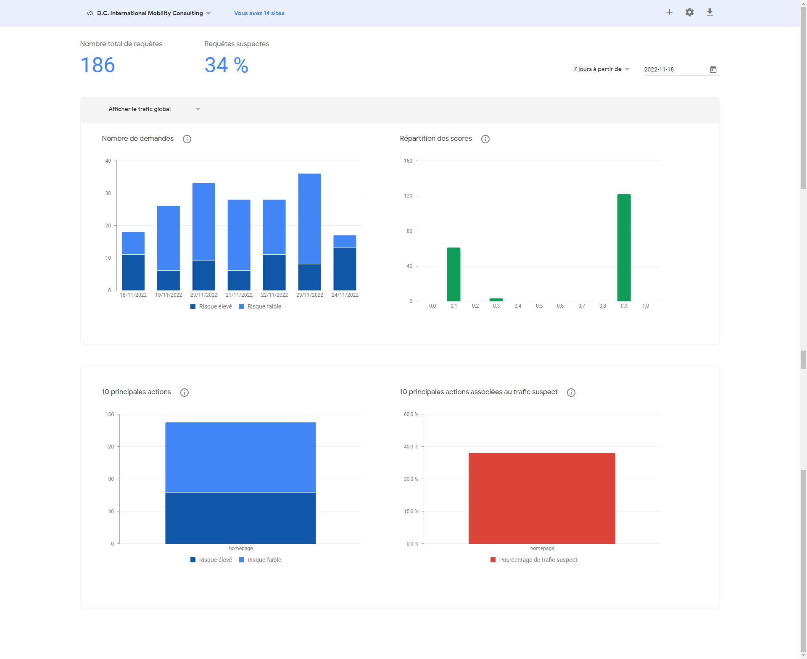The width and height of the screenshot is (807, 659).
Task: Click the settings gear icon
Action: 689,13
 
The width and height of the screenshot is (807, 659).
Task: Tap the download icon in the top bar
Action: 709,13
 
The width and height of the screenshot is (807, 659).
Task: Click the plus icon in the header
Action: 670,13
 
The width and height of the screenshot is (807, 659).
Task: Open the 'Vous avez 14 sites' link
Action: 259,13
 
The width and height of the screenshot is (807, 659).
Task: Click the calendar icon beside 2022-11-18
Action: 713,69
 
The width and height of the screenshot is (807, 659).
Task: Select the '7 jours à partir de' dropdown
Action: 601,69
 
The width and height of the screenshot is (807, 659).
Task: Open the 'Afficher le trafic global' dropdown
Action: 154,109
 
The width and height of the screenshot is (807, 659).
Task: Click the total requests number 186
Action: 98,65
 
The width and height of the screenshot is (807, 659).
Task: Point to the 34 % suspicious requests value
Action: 226,65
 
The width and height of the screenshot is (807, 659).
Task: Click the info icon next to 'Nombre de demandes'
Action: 187,139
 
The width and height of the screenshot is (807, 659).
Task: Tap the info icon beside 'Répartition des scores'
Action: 485,139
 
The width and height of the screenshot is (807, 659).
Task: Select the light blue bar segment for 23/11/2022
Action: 309,219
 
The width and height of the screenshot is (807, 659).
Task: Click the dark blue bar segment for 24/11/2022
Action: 345,269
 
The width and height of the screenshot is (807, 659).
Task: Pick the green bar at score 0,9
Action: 624,248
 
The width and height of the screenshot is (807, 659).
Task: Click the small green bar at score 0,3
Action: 496,300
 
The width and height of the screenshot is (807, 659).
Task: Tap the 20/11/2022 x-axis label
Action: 204,295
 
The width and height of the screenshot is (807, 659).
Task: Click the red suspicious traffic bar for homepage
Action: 542,498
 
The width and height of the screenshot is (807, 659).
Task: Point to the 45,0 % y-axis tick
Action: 411,447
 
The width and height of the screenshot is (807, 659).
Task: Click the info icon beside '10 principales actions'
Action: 184,393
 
